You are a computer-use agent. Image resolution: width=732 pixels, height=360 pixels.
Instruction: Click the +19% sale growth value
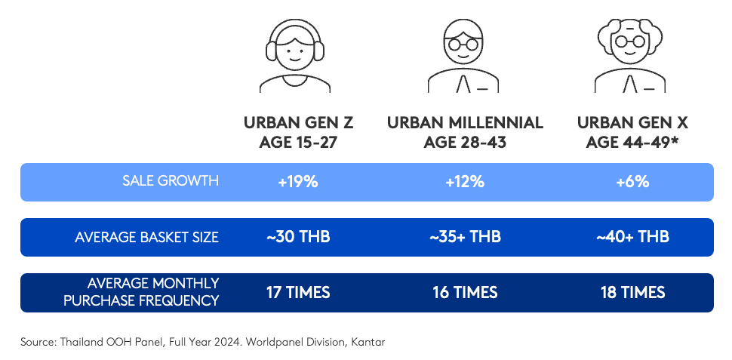pyautogui.click(x=298, y=182)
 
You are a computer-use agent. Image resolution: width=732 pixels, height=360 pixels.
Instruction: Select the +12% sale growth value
pyautogui.click(x=465, y=182)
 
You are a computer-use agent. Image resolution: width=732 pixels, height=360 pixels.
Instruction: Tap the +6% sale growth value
pyautogui.click(x=632, y=182)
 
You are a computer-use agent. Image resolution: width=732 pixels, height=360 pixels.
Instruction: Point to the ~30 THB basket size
pyautogui.click(x=298, y=237)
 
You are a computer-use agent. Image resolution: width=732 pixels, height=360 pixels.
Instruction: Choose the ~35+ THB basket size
pyautogui.click(x=465, y=237)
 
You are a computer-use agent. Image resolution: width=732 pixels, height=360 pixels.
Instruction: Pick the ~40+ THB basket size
pyautogui.click(x=632, y=237)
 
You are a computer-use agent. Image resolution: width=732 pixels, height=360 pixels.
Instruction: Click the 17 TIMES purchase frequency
pyautogui.click(x=298, y=293)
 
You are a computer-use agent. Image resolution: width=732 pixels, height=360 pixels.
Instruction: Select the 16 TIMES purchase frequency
pyautogui.click(x=465, y=293)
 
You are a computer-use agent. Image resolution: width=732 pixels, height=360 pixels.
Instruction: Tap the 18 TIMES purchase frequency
pyautogui.click(x=632, y=293)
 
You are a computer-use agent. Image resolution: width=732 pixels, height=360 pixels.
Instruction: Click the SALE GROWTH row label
pyautogui.click(x=171, y=181)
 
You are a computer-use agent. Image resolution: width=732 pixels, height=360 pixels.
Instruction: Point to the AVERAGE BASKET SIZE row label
pyautogui.click(x=146, y=237)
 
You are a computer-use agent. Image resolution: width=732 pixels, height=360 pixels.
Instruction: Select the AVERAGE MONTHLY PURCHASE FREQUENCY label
pyautogui.click(x=141, y=292)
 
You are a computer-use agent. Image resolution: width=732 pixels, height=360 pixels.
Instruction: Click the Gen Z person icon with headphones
pyautogui.click(x=295, y=56)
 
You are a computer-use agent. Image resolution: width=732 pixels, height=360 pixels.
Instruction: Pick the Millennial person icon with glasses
pyautogui.click(x=463, y=56)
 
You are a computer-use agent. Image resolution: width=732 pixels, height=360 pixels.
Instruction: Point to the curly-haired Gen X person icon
pyautogui.click(x=630, y=56)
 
